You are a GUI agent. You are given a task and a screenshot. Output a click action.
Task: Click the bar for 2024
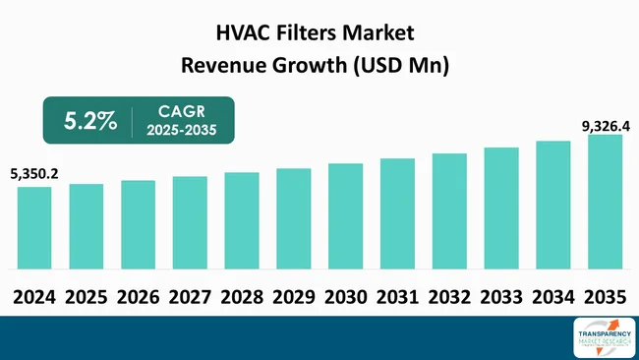[x=34, y=227]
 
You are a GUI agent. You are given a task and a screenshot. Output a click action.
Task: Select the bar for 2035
[x=605, y=202]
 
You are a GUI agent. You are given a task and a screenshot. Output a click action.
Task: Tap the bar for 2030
[x=345, y=215]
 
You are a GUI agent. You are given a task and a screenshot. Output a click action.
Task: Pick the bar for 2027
[x=190, y=222]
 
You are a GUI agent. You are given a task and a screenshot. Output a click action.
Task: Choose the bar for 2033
[x=501, y=208]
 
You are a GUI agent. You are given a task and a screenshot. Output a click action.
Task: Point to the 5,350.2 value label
[x=34, y=174]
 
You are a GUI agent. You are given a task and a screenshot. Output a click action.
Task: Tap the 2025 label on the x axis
[x=87, y=296]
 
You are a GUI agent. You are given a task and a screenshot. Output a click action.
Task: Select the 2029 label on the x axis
[x=293, y=296]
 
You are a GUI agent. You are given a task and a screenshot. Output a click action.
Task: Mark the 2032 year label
[x=448, y=296]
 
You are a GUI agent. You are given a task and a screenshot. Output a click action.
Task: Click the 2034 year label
[x=552, y=296]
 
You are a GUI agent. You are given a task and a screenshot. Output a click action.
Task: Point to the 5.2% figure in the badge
[x=90, y=121]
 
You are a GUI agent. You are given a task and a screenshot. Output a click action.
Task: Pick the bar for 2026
[x=138, y=224]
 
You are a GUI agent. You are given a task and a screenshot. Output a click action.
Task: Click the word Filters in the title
[x=314, y=34]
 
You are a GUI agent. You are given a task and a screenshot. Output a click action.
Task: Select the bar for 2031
[x=397, y=212]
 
